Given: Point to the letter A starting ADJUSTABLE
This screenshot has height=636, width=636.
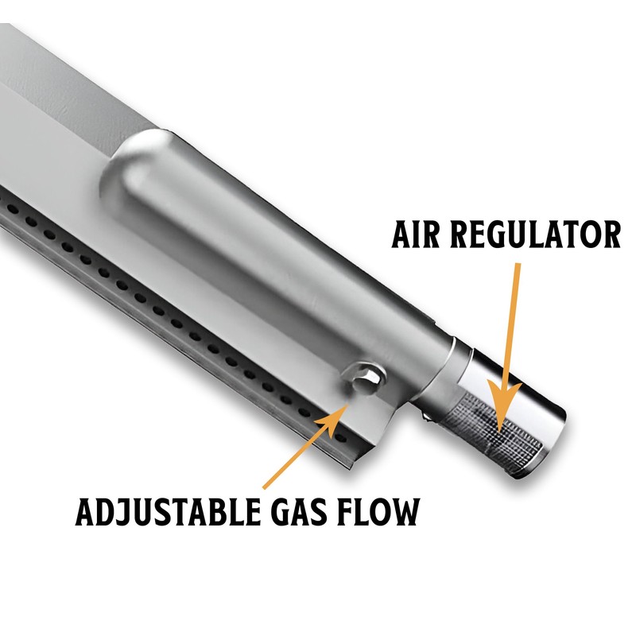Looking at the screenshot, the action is pos(86,513).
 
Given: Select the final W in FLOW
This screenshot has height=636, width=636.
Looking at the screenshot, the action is pos(404,513).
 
